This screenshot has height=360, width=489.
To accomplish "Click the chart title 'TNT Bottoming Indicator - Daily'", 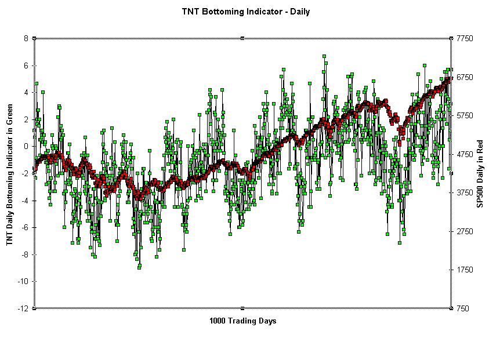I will click(x=246, y=12).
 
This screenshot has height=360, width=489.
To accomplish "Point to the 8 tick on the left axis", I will click(x=26, y=38).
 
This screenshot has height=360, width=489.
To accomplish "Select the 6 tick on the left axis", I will click(x=26, y=66).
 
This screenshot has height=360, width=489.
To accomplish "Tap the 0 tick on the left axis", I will click(x=26, y=146).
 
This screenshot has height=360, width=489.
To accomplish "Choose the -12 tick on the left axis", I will click(x=23, y=308).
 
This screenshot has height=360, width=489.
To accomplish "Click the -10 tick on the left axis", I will click(x=23, y=281).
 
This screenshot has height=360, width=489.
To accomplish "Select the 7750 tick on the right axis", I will click(x=466, y=38).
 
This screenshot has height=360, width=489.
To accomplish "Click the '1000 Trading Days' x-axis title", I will click(x=242, y=321).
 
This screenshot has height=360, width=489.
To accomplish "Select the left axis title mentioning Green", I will click(x=10, y=173).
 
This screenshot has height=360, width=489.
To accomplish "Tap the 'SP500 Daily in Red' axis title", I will click(x=480, y=173).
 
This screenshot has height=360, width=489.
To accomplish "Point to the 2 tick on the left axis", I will click(x=26, y=119).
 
